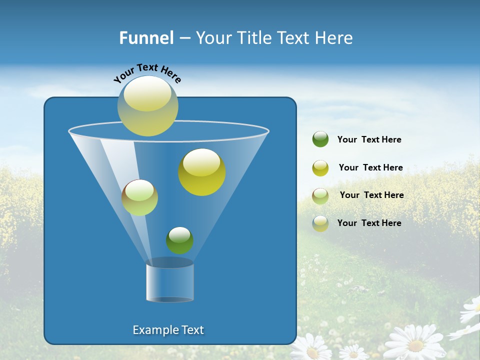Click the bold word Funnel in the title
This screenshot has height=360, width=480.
click(x=146, y=38)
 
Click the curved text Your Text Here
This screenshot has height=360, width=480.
click(x=147, y=72)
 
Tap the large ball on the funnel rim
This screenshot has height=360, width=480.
click(x=147, y=106)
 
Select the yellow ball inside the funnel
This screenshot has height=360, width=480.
click(x=201, y=172)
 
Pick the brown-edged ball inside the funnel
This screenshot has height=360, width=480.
click(x=139, y=197)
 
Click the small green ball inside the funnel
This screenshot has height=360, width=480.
click(x=179, y=240)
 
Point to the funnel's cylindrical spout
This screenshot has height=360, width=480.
click(x=170, y=282)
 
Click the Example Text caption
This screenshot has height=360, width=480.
click(x=168, y=330)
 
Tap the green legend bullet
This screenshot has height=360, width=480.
click(x=320, y=139)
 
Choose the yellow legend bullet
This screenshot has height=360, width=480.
click(x=320, y=168)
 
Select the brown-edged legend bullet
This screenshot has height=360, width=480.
click(x=320, y=195)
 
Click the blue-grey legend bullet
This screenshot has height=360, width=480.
click(x=320, y=223)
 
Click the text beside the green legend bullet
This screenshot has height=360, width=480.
click(x=369, y=140)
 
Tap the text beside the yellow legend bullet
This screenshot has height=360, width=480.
click(x=370, y=168)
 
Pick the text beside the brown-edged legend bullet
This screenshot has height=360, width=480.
click(x=371, y=195)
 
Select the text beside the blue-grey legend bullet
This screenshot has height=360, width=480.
click(x=369, y=223)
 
